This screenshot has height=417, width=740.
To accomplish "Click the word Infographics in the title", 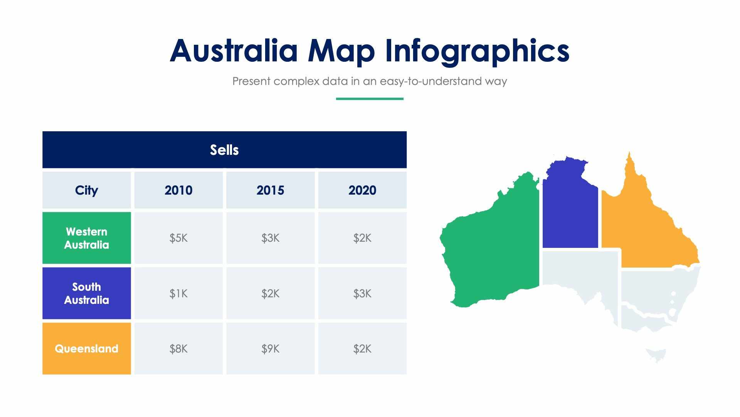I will (x=477, y=51).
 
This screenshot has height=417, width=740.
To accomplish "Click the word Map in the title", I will (x=341, y=51).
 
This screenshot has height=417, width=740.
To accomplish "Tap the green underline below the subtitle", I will (x=370, y=99).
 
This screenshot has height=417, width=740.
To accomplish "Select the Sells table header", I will (x=224, y=150).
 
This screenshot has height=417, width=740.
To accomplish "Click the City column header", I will (x=87, y=190).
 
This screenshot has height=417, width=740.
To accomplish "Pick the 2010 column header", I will (x=178, y=190).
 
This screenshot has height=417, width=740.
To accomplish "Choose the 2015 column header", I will (x=270, y=190).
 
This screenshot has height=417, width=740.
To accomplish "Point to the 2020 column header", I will (x=362, y=190).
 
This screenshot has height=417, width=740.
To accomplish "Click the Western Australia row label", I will (x=87, y=238).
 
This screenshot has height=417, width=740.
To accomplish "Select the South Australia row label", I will (x=87, y=293).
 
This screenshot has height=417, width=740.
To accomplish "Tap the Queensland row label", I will (x=87, y=349).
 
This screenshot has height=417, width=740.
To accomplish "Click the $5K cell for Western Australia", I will (x=178, y=238).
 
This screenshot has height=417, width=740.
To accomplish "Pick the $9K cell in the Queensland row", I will (x=270, y=349).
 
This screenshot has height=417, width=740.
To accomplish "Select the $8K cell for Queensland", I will (x=178, y=349).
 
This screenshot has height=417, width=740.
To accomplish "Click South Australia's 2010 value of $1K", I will (x=178, y=293).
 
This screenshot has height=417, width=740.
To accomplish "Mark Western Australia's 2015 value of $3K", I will (x=270, y=238).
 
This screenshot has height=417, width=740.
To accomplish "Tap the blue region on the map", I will (x=570, y=212).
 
